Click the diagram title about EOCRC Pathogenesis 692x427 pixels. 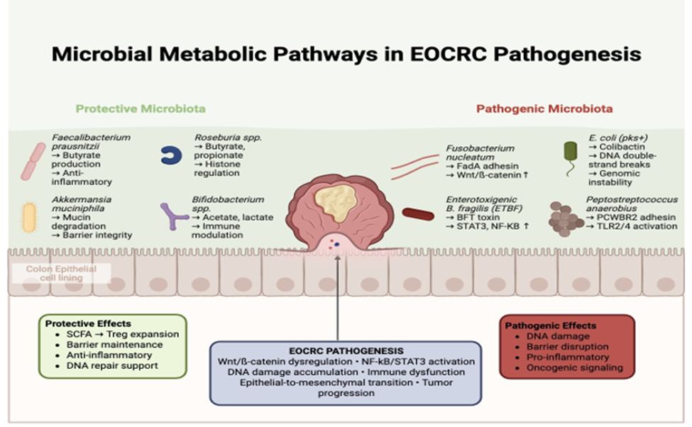(x=346, y=54)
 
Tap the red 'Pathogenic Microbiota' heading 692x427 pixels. (x=544, y=109)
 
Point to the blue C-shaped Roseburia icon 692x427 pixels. (x=170, y=156)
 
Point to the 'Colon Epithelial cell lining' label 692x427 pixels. (x=55, y=274)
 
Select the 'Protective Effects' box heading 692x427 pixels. (x=87, y=323)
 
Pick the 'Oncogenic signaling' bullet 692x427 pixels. (x=574, y=367)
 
